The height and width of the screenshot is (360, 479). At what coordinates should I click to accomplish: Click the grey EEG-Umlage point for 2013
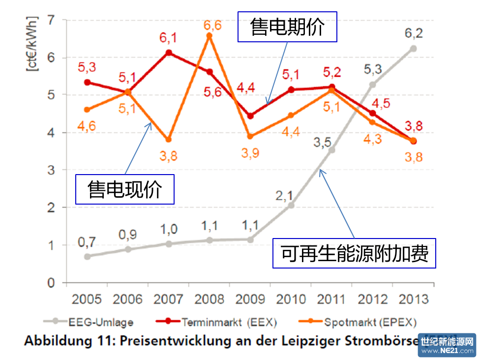(414, 48)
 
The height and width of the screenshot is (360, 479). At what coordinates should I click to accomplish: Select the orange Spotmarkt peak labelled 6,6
(209, 35)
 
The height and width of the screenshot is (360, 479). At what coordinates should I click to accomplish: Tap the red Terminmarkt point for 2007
(169, 53)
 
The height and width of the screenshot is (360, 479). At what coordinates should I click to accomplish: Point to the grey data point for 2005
(87, 256)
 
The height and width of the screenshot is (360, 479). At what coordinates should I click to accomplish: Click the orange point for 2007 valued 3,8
(169, 140)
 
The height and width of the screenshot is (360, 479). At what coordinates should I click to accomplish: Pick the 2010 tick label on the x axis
(291, 299)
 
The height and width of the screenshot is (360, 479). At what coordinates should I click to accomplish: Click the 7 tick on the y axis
(50, 20)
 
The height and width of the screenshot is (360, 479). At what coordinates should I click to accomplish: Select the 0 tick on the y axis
(50, 283)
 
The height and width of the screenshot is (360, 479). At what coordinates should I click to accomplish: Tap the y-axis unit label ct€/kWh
(31, 45)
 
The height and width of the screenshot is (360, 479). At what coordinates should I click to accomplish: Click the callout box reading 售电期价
(287, 27)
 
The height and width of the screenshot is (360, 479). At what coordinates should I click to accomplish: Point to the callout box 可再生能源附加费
(355, 253)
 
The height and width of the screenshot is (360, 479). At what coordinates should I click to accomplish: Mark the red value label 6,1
(169, 37)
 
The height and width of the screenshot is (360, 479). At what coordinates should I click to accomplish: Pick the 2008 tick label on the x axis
(210, 299)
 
